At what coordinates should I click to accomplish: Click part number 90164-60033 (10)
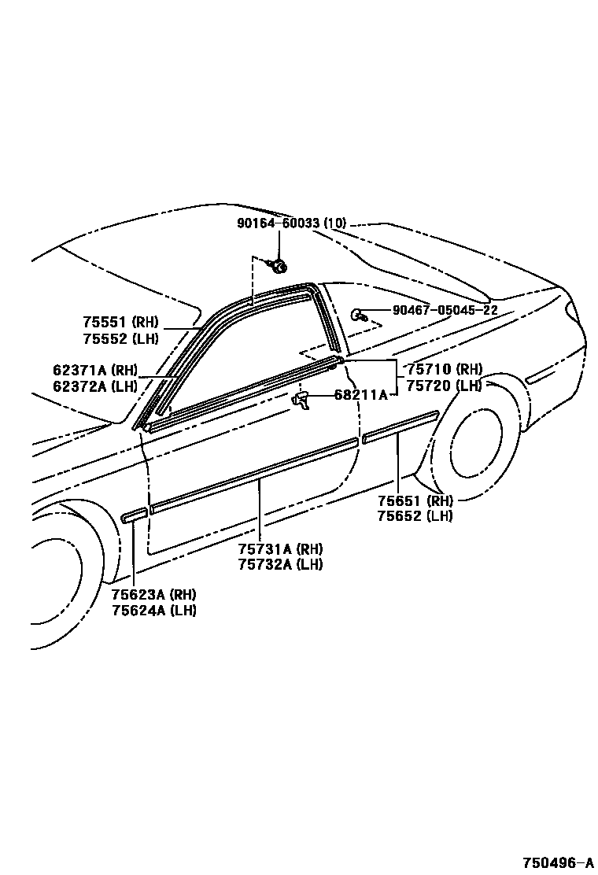pyautogui.click(x=291, y=223)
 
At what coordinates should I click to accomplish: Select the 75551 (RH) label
pyautogui.click(x=120, y=322)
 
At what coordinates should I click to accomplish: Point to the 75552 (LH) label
pyautogui.click(x=120, y=338)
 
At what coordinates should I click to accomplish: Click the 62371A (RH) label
pyautogui.click(x=95, y=370)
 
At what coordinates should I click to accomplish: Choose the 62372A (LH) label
pyautogui.click(x=95, y=386)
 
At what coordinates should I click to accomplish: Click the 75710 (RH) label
pyautogui.click(x=444, y=369)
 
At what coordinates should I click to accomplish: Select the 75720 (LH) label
pyautogui.click(x=444, y=386)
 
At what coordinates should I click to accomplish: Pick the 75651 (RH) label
pyautogui.click(x=414, y=500)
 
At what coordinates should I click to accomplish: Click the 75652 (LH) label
pyautogui.click(x=414, y=516)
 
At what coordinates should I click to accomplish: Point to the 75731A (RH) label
pyautogui.click(x=280, y=548)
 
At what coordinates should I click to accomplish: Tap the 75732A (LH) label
pyautogui.click(x=280, y=564)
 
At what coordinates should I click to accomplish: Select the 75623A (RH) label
pyautogui.click(x=153, y=594)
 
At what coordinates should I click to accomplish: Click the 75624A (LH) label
pyautogui.click(x=153, y=611)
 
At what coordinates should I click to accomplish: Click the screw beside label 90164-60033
pyautogui.click(x=277, y=268)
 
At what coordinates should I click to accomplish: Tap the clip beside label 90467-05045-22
pyautogui.click(x=358, y=315)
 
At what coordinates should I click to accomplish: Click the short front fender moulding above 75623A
pyautogui.click(x=134, y=515)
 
